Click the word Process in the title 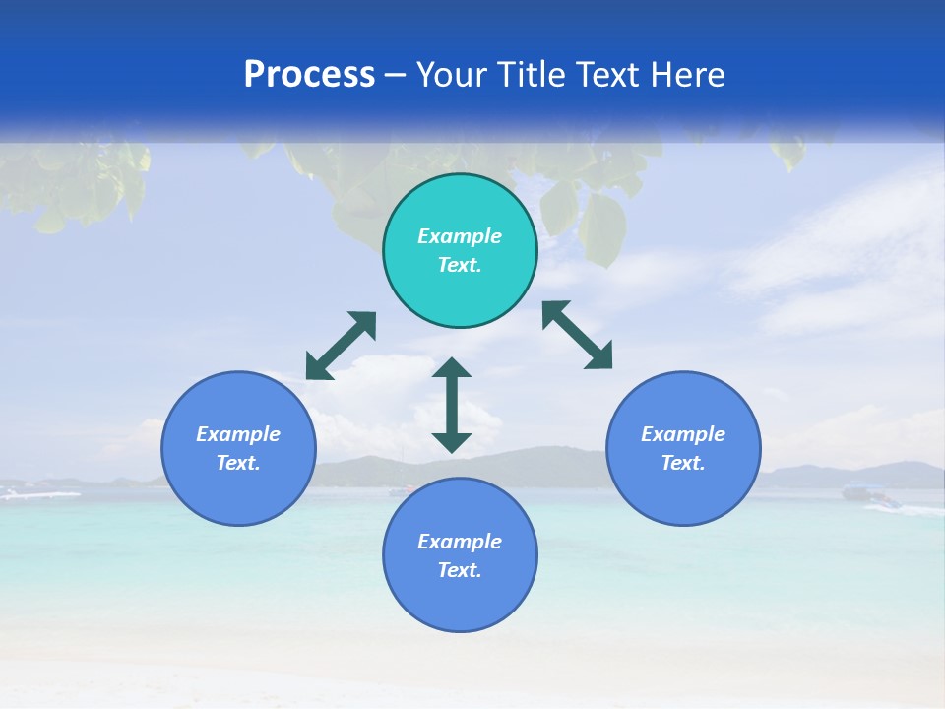(309, 75)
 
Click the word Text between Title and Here (609, 75)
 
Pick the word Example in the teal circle (460, 236)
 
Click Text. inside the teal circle (460, 265)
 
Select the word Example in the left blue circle (238, 434)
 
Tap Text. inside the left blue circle (238, 463)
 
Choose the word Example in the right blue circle (683, 434)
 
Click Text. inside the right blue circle (683, 463)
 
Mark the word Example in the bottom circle (460, 542)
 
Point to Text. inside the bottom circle (460, 570)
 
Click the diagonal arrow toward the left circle (341, 346)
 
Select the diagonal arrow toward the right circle (578, 335)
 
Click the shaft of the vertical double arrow (452, 406)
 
